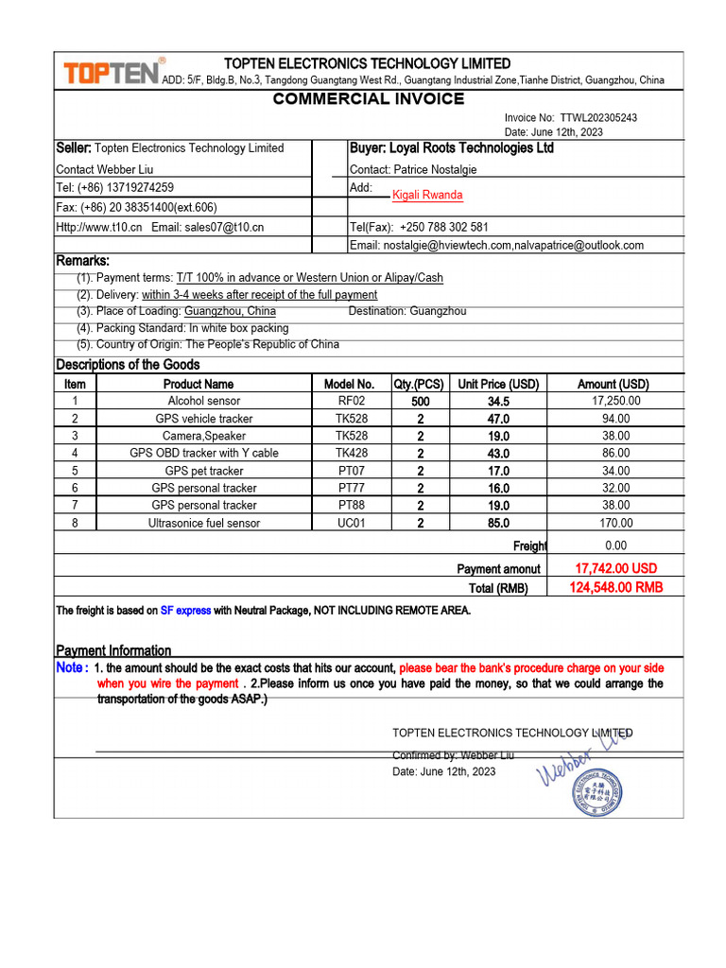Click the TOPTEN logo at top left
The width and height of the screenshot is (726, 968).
tap(110, 73)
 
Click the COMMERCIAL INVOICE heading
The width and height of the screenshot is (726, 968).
tap(369, 99)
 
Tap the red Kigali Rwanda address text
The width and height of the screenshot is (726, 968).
tap(427, 195)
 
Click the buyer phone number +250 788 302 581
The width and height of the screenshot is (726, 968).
tap(444, 227)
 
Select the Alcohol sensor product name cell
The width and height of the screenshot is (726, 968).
tap(204, 401)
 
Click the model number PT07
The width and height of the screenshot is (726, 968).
tap(352, 471)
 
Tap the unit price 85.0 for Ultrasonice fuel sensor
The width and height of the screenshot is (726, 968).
tap(498, 523)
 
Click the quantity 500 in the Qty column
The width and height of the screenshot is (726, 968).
tap(421, 402)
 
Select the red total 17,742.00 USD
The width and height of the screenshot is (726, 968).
tap(615, 568)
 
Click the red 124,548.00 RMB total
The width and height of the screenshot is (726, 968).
tap(616, 587)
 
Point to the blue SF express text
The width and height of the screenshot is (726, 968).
tap(185, 611)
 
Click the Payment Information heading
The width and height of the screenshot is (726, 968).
tap(113, 650)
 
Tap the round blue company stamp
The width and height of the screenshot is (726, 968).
tap(596, 790)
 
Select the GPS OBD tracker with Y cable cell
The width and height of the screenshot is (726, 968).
tap(204, 453)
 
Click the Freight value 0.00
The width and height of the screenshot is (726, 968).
tap(615, 545)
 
